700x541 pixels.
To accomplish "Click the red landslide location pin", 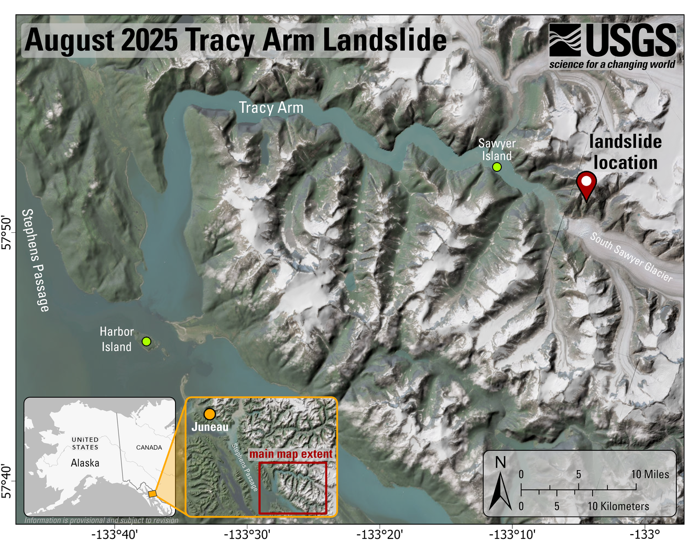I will (586, 183).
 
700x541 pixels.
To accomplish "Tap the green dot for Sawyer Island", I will (497, 167).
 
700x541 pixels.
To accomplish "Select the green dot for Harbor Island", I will (147, 341).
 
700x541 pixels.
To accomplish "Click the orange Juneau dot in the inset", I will (210, 414).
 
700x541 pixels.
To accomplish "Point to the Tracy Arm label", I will (271, 108).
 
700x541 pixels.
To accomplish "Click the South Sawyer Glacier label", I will (630, 257).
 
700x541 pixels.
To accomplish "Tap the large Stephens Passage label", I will (36, 260).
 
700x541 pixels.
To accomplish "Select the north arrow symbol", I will (500, 484).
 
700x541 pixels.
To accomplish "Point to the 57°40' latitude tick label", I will (7, 481).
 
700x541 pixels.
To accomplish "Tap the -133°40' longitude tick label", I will (114, 534).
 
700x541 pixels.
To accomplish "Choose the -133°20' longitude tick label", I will (379, 534).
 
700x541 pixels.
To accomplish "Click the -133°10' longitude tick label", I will (512, 534).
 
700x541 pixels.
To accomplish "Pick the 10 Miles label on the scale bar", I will (650, 474).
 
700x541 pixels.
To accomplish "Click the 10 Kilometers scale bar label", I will (618, 506).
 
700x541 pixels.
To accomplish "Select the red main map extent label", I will (290, 454).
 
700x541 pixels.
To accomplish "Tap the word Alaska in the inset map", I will (85, 463).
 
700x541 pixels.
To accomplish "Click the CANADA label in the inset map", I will (149, 447).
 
